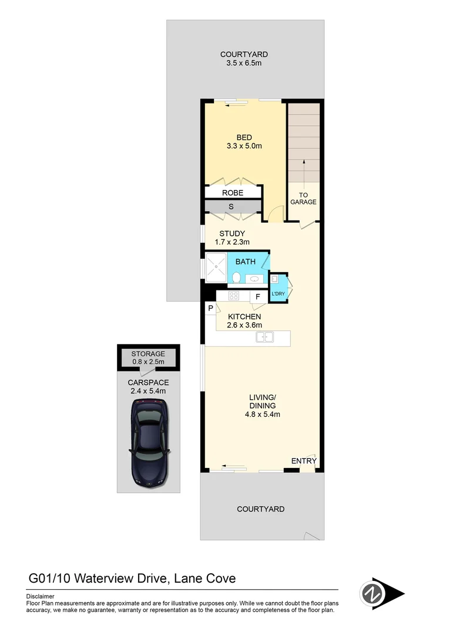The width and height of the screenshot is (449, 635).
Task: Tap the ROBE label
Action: pos(233,193)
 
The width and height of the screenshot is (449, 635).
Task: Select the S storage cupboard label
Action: pos(231,206)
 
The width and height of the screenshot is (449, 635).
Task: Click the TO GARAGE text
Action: pos(303,198)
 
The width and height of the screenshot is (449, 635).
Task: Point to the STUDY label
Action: pos(232,233)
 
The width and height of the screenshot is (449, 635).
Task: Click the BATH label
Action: pos(245,261)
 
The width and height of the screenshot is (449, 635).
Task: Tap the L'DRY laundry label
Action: pos(277,293)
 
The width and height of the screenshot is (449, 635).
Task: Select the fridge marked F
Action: pos(257,297)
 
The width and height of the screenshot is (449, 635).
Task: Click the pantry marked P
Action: pos(210,308)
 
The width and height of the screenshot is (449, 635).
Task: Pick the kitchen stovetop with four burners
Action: pos(233,296)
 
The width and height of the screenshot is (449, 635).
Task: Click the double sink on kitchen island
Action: pos(264,337)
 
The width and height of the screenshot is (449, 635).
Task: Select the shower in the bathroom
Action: pos(215,268)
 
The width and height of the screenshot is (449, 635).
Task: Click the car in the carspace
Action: pos(149,441)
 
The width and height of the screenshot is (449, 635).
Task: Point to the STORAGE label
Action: pos(148,354)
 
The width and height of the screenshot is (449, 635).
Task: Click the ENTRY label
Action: pos(304,461)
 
